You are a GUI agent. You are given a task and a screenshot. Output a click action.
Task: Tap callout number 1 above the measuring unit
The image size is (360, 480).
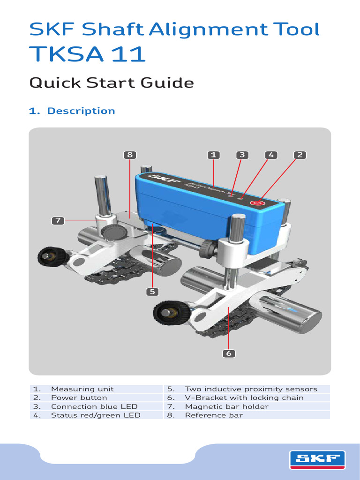(x=213, y=155)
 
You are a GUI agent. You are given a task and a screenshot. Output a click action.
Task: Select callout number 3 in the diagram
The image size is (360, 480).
(x=242, y=155)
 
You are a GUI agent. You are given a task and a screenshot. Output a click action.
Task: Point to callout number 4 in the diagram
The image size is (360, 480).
(x=270, y=155)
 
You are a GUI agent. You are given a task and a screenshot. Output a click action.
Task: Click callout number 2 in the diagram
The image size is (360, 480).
(x=300, y=155)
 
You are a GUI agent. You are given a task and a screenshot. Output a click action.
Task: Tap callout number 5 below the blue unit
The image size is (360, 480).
(x=152, y=292)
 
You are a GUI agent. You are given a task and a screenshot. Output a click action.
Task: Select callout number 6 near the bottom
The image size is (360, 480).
(x=229, y=353)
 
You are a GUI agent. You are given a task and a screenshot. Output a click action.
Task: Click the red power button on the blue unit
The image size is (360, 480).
(x=256, y=203)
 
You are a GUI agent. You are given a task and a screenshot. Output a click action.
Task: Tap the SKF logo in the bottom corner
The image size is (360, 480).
(x=317, y=459)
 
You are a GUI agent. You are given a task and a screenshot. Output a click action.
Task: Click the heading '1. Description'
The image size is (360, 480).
(x=72, y=111)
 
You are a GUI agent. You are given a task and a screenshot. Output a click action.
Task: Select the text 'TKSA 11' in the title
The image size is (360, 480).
(x=87, y=54)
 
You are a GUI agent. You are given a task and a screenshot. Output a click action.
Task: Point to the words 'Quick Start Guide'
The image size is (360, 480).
(x=112, y=83)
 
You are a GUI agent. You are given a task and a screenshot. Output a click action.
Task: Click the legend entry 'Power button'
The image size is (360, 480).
(x=79, y=397)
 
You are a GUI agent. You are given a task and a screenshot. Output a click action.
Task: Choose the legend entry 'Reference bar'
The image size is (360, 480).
(x=214, y=415)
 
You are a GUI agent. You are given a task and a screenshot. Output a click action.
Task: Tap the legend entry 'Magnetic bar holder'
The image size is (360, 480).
(x=226, y=406)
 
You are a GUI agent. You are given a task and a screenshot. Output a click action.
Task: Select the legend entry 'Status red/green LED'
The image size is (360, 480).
(x=96, y=415)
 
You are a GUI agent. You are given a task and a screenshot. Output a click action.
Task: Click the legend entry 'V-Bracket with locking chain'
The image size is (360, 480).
(x=244, y=397)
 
